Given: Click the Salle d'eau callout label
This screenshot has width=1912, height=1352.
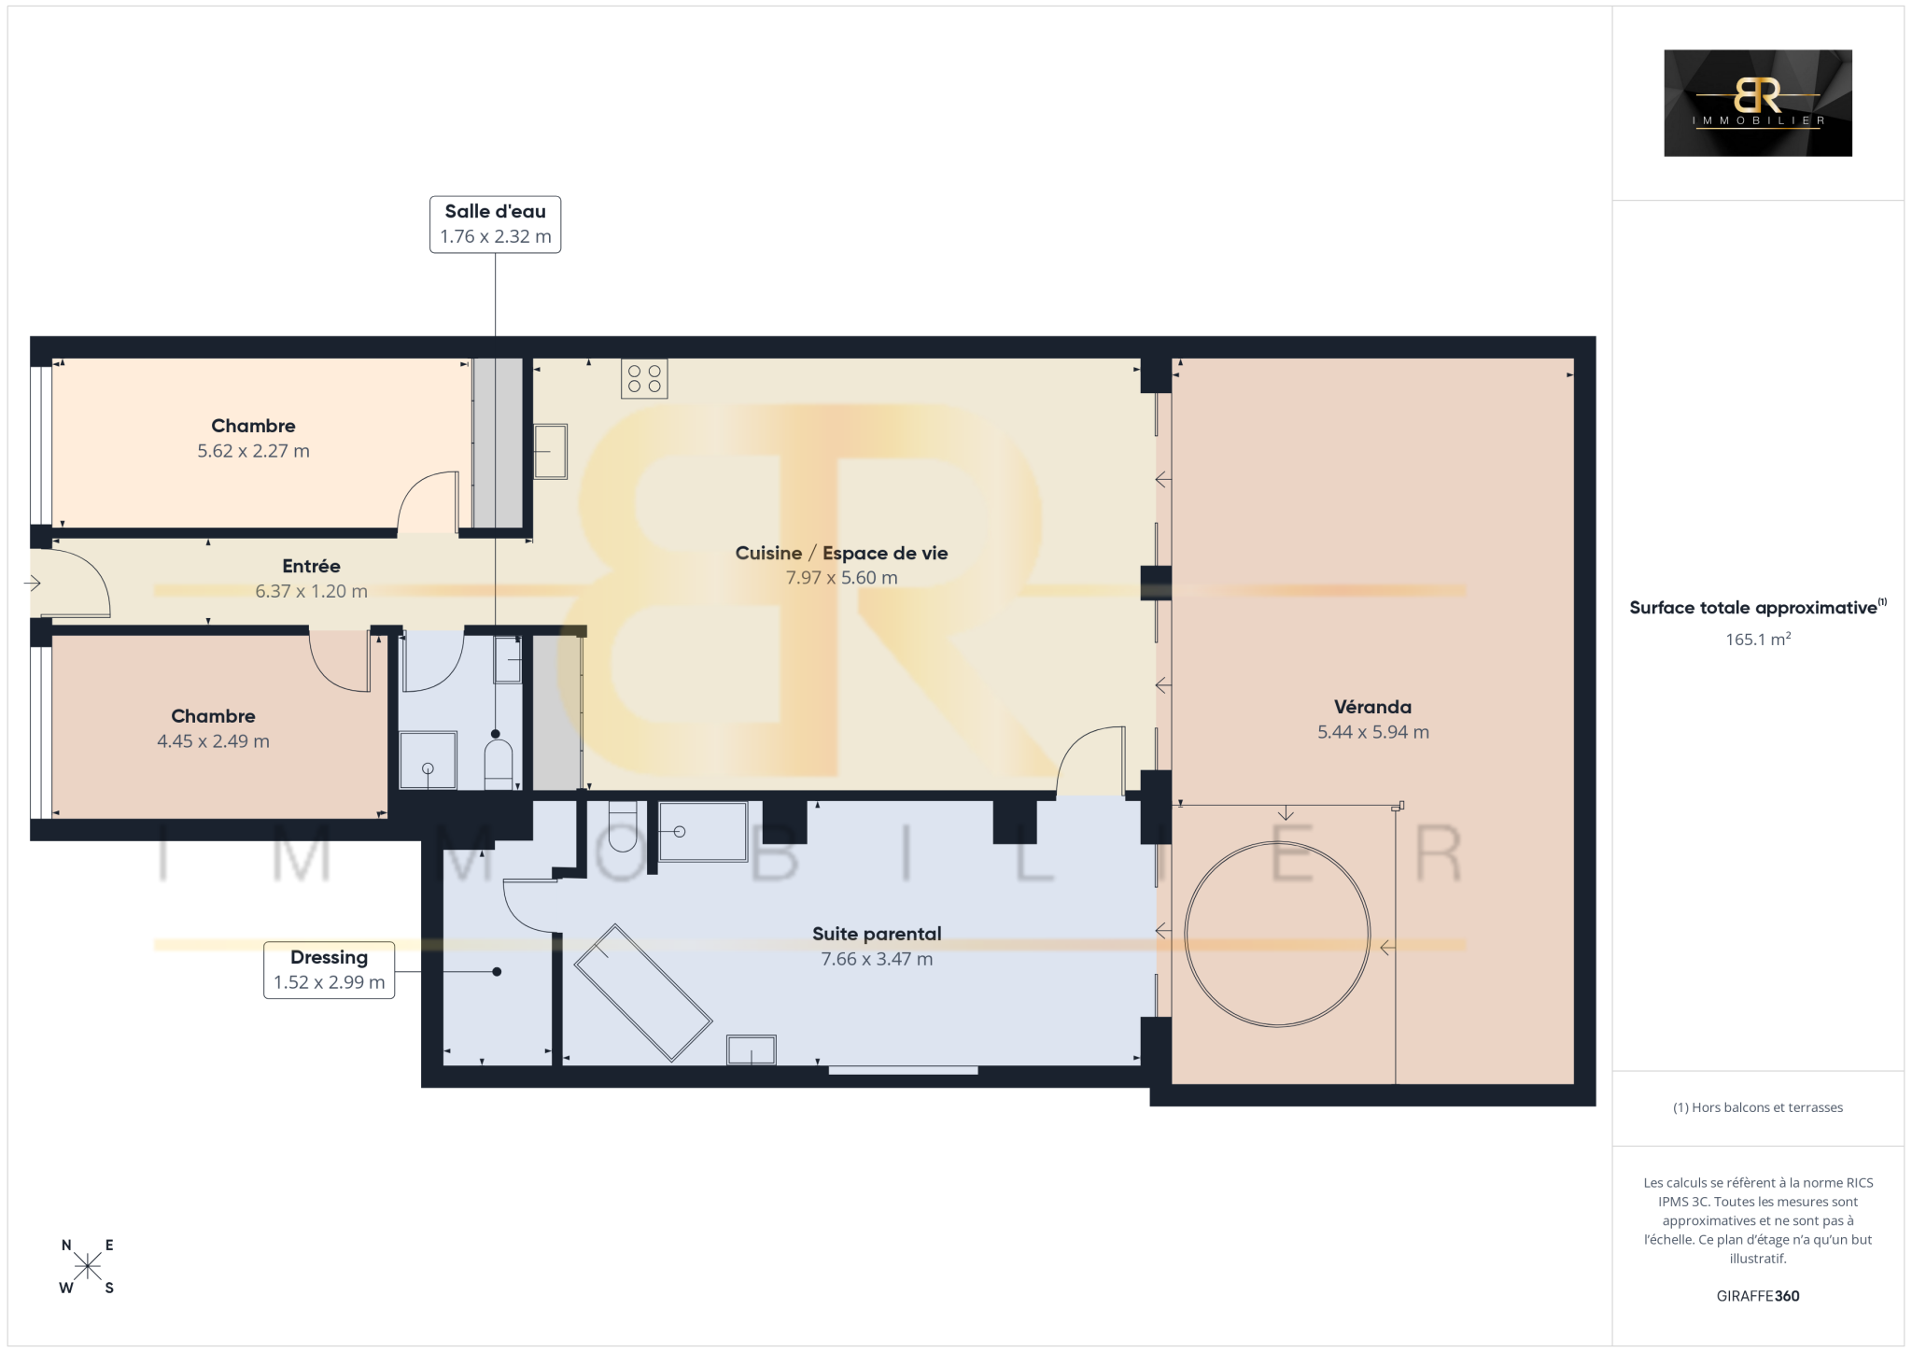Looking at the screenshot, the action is (495, 224).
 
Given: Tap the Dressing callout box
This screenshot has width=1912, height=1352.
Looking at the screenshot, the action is (329, 970).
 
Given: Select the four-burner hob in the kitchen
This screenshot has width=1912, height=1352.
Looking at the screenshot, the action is (644, 379).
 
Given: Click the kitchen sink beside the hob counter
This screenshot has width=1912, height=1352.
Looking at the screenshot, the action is (551, 452).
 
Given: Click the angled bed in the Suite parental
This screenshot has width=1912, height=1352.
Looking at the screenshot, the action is (643, 993).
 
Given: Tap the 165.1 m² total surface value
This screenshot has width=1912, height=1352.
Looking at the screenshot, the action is (1758, 640).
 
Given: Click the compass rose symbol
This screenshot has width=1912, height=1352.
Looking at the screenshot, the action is (88, 1266).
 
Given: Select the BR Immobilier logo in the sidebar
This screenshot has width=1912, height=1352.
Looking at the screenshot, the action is (1758, 103).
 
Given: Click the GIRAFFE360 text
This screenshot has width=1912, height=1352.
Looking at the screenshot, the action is (1758, 1296).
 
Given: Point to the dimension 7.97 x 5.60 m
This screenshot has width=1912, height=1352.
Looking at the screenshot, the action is (841, 578).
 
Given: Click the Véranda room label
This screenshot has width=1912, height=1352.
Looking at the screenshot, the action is (1372, 707).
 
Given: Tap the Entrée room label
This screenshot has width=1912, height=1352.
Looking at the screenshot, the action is (311, 566).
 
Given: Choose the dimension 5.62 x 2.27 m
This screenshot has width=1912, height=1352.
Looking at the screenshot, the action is (253, 451).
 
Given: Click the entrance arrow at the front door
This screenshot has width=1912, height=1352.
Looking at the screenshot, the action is (33, 584).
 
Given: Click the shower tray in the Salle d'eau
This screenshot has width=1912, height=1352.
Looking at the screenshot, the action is (428, 760).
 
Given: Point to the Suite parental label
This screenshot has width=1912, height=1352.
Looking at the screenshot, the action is (877, 934).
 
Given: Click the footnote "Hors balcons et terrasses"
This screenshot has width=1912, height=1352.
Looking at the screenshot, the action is (1758, 1107).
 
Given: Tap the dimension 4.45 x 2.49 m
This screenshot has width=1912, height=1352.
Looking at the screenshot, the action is (213, 741).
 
